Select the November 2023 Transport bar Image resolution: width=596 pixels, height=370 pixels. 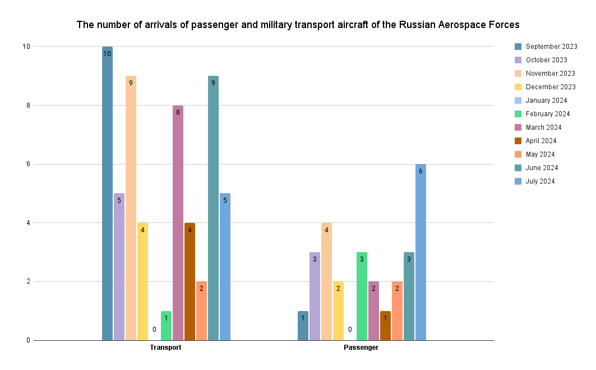(131, 208)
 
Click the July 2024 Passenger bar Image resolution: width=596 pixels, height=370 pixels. (421, 252)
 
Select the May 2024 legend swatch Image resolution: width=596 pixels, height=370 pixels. (518, 154)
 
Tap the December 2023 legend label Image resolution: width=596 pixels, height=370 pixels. (550, 87)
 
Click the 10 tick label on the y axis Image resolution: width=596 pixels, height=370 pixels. (25, 47)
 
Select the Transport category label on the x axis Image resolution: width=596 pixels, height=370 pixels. (165, 348)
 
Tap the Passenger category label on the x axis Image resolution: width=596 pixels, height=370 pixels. (361, 348)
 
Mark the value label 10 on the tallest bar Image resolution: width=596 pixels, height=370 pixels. (107, 54)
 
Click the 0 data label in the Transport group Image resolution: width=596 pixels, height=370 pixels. (154, 330)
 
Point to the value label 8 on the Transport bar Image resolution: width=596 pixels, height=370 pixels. (178, 112)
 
